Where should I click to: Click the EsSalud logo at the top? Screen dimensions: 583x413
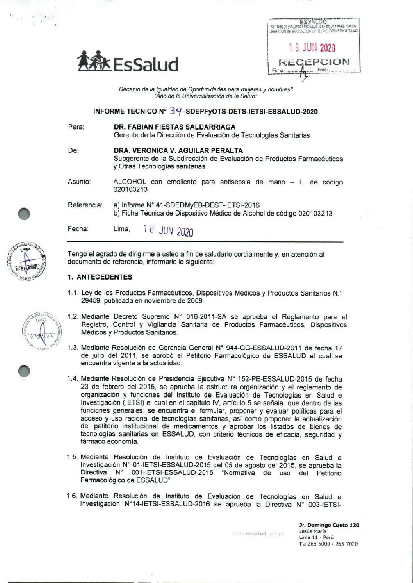pyautogui.click(x=127, y=62)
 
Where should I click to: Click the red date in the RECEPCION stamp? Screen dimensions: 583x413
pyautogui.click(x=312, y=48)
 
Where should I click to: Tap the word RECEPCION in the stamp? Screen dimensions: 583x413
pyautogui.click(x=314, y=62)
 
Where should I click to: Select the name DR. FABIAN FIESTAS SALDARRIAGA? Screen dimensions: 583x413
pyautogui.click(x=174, y=127)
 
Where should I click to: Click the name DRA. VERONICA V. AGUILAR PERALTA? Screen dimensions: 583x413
pyautogui.click(x=178, y=150)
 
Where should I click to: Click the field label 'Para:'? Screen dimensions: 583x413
pyautogui.click(x=76, y=127)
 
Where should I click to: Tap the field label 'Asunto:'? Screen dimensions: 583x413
pyautogui.click(x=79, y=182)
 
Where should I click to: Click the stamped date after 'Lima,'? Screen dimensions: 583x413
pyautogui.click(x=168, y=230)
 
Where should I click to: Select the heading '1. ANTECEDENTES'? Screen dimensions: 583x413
pyautogui.click(x=100, y=277)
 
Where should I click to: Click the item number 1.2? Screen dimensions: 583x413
pyautogui.click(x=73, y=317)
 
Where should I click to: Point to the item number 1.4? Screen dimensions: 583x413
pyautogui.click(x=73, y=378)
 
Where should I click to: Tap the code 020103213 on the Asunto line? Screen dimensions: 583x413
pyautogui.click(x=130, y=190)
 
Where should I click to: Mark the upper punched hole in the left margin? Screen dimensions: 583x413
pyautogui.click(x=24, y=214)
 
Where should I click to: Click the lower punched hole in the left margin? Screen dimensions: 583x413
pyautogui.click(x=24, y=371)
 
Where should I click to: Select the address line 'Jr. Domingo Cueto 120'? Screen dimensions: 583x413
pyautogui.click(x=329, y=525)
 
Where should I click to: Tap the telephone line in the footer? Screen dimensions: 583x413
pyautogui.click(x=328, y=544)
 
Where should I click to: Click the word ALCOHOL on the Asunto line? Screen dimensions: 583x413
pyautogui.click(x=130, y=182)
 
